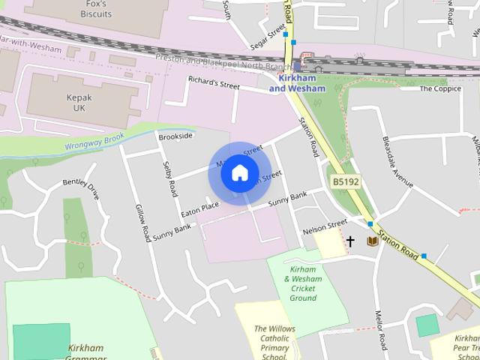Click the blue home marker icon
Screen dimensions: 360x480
pyautogui.click(x=239, y=173)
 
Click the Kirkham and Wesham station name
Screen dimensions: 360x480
pyautogui.click(x=297, y=83)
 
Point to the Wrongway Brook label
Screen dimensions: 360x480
pyautogui.click(x=94, y=141)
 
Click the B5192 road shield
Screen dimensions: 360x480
pyautogui.click(x=346, y=181)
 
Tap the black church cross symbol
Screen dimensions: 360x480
pyautogui.click(x=350, y=241)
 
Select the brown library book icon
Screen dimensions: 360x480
pyautogui.click(x=370, y=241)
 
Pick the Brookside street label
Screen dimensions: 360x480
pyautogui.click(x=176, y=136)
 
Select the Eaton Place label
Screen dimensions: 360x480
pyautogui.click(x=199, y=205)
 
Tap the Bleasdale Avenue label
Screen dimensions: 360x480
pyautogui.click(x=397, y=163)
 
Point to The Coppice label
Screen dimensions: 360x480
pyautogui.click(x=439, y=88)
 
